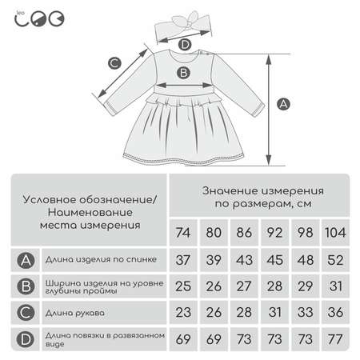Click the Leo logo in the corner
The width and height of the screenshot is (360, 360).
pyautogui.click(x=39, y=19)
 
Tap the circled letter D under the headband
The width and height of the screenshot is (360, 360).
pyautogui.click(x=185, y=45)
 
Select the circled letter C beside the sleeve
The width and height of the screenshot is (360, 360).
pyautogui.click(x=114, y=63)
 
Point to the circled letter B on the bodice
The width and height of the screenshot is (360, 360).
pyautogui.click(x=183, y=73)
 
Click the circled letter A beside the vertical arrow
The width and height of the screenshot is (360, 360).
pyautogui.click(x=283, y=104)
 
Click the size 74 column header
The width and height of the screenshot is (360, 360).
pyautogui.click(x=183, y=233)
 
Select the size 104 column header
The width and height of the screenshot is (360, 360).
pyautogui.click(x=335, y=233)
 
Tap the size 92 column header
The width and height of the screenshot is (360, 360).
pyautogui.click(x=274, y=233)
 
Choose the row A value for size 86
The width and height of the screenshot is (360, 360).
pyautogui.click(x=244, y=260)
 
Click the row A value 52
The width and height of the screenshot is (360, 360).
pyautogui.click(x=335, y=260)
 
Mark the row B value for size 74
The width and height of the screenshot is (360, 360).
pyautogui.click(x=183, y=286)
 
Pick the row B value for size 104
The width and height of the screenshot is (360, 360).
pyautogui.click(x=335, y=286)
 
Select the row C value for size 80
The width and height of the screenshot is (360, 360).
pyautogui.click(x=214, y=312)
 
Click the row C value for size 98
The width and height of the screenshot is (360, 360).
pyautogui.click(x=305, y=312)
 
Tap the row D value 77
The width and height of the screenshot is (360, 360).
pyautogui.click(x=335, y=339)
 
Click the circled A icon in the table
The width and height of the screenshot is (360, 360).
pyautogui.click(x=26, y=260)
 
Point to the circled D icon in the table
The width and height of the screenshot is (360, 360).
pyautogui.click(x=26, y=339)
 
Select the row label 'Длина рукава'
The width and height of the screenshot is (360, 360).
pyautogui.click(x=75, y=313)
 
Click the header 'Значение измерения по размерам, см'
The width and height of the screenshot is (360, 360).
pyautogui.click(x=263, y=198)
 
